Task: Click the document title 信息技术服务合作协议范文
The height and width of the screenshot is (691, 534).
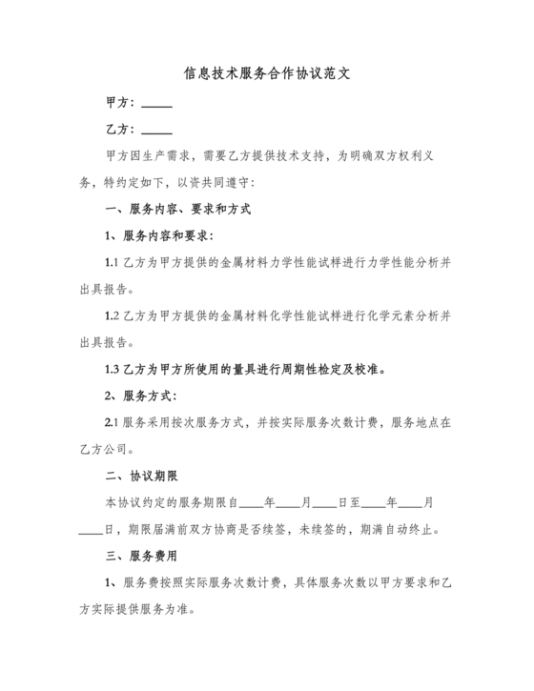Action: coord(266,73)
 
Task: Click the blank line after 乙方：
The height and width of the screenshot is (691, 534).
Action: coord(156,131)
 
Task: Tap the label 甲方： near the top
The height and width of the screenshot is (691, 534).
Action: coord(121,102)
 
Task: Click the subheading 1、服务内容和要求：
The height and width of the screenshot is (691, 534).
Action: coord(158,234)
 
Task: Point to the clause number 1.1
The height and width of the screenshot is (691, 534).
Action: coord(111,261)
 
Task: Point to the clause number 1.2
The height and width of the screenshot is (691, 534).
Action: coord(111,315)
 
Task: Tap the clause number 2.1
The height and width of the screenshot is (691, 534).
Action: coord(111,421)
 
